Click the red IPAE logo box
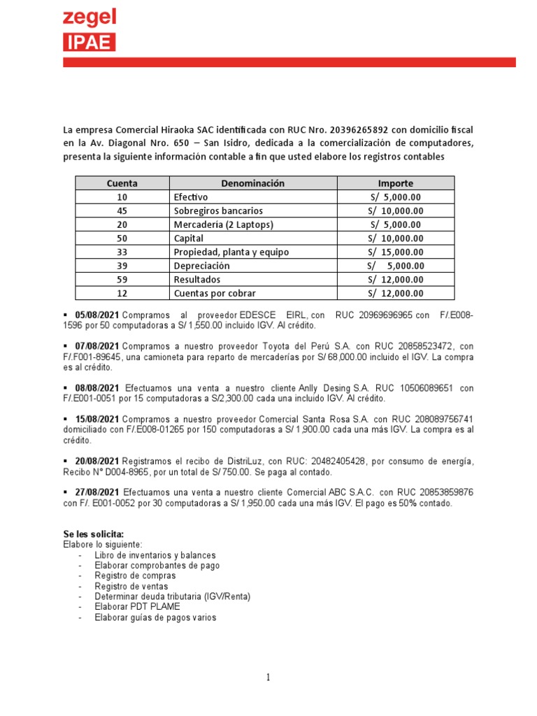[89, 43]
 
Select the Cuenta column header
[122, 183]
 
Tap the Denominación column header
[253, 183]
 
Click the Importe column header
[396, 183]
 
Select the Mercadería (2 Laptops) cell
[223, 224]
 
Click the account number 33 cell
[122, 252]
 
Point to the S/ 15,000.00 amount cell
[396, 252]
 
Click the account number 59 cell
[122, 279]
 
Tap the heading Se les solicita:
[93, 534]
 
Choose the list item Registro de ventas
[131, 586]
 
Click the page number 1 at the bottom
[268, 677]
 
